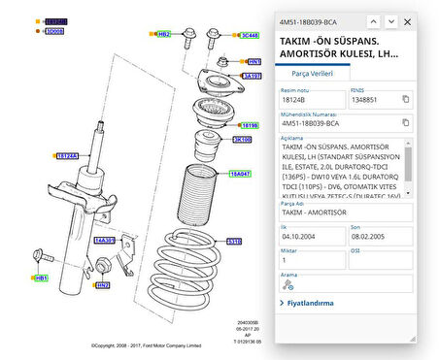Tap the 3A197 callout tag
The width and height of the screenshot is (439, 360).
(x=252, y=75)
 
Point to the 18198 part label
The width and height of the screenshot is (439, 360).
(x=250, y=125)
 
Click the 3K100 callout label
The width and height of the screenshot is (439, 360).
(x=242, y=140)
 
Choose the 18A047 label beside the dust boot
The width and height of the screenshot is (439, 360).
(x=240, y=174)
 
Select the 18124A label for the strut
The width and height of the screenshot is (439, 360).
(x=67, y=155)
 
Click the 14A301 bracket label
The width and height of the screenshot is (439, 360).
(x=104, y=239)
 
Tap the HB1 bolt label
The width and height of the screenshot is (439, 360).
(x=41, y=278)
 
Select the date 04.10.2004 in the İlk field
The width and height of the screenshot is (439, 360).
(x=299, y=233)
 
